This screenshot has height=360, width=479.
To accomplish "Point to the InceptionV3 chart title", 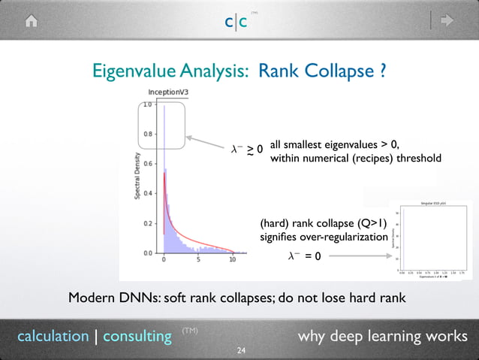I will (x=168, y=92).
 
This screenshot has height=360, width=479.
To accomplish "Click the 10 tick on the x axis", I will (x=233, y=261).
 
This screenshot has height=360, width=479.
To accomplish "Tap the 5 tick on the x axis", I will (x=198, y=261).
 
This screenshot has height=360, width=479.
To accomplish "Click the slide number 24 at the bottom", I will (x=241, y=351).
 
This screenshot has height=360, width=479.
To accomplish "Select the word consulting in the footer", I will (x=137, y=335).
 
